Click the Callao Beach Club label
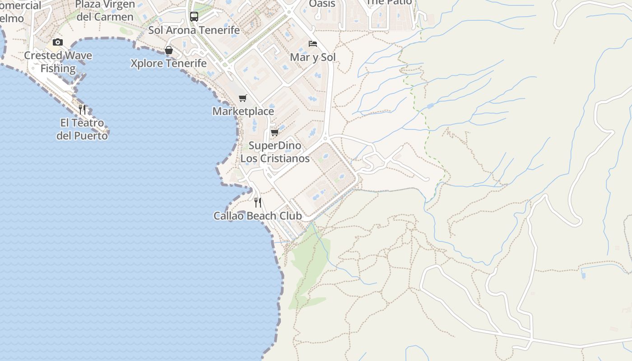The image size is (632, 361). coord(257,216)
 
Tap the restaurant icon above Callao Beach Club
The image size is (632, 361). coord(258,202)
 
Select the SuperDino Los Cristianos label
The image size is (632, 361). coord(275,152)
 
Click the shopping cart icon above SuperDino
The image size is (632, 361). coord(274,132)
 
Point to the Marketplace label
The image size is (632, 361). coord(243,111)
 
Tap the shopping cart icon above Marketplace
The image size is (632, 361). coord(243,98)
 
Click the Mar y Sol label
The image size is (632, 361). coord(313,57)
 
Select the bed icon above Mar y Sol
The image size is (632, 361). coord(312,44)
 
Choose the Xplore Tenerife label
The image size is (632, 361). coord(169,63)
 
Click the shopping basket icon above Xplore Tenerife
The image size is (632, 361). coord(169,50)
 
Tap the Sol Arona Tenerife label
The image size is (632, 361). coord(194,30)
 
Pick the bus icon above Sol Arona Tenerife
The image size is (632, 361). coord(194,17)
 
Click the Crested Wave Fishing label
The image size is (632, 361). coord(58,62)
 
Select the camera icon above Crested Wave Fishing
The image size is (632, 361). coord(58,42)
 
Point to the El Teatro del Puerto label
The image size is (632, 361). coord(82,129)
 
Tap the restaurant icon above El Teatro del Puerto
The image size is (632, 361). coord(82,109)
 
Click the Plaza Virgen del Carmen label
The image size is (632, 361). coord(105,10)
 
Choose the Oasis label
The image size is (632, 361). coord(322,4)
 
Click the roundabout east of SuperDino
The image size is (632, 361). coord(325,138)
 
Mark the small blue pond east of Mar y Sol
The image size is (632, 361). coord(430,106)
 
